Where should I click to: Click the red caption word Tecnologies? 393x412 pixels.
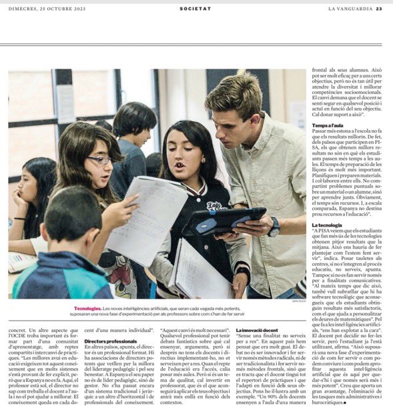click(x=89, y=309)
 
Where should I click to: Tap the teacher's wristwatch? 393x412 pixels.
click(x=273, y=227)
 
